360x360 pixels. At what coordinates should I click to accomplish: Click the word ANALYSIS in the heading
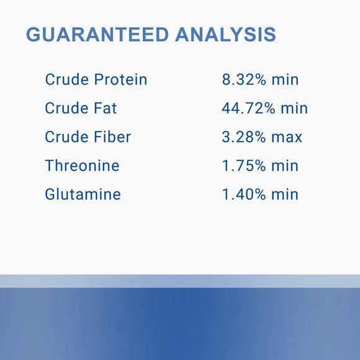point(226,35)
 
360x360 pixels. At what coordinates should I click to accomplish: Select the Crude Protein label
point(96,80)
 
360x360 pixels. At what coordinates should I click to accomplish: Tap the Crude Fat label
point(81,109)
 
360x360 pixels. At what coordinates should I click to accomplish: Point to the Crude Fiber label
point(88,137)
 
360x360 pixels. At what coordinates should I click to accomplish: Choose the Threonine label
point(82,166)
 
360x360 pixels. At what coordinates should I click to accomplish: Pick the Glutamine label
point(83,194)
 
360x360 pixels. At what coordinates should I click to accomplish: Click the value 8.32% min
point(260,80)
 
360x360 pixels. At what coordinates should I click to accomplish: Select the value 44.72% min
point(265,109)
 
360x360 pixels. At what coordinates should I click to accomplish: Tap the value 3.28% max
point(262,137)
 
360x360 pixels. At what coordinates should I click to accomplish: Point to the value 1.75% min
point(260,166)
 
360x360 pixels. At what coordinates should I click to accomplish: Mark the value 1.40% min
point(260,194)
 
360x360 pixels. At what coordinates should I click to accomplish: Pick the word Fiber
point(112,137)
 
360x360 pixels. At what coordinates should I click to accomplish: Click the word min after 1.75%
point(285,166)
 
